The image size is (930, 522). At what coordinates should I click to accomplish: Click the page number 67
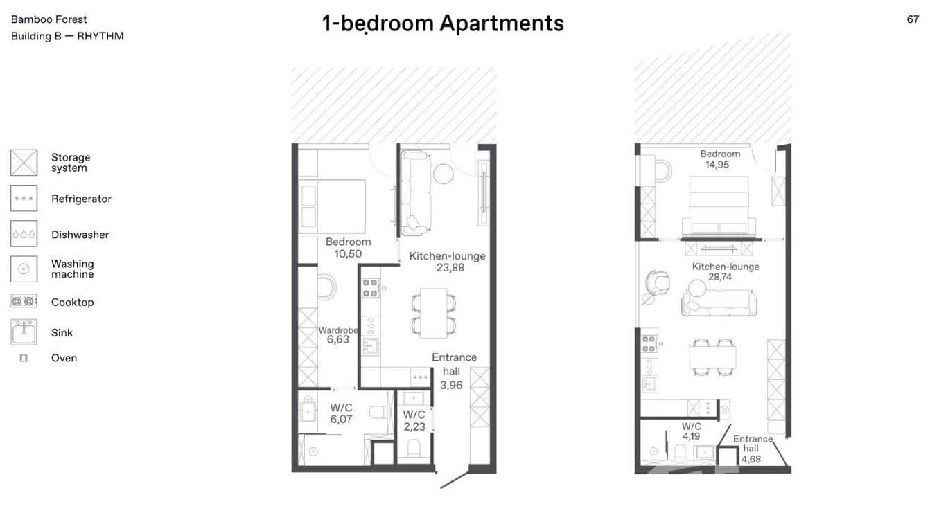pos(913,19)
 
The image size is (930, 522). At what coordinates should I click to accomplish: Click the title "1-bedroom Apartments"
pos(443,24)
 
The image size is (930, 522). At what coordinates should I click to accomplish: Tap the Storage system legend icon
pos(24,163)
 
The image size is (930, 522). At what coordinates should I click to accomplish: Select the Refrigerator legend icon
pos(24,199)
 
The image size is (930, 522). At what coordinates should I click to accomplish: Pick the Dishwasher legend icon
pos(24,234)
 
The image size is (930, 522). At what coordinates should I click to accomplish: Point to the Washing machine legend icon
pos(24,269)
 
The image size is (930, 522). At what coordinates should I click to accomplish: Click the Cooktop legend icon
pos(24,301)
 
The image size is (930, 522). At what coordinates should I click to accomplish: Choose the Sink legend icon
pos(24,332)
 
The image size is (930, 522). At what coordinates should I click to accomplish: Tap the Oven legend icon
pos(24,358)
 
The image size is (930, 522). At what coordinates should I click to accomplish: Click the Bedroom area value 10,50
pos(348,254)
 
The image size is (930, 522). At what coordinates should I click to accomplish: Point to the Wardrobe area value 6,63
pos(338,340)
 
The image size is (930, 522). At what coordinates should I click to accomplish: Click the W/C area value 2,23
pos(414,426)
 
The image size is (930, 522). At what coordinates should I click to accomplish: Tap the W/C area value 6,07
pos(341,419)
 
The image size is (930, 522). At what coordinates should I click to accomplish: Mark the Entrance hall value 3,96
pos(451,385)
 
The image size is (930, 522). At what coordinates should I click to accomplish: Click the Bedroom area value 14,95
pos(717,165)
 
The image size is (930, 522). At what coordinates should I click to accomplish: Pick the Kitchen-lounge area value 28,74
pos(720,277)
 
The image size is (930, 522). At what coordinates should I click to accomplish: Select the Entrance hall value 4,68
pos(751,458)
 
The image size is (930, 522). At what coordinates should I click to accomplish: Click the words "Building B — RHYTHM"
pos(67,36)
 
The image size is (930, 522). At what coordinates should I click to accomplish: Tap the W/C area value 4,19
pos(691,436)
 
